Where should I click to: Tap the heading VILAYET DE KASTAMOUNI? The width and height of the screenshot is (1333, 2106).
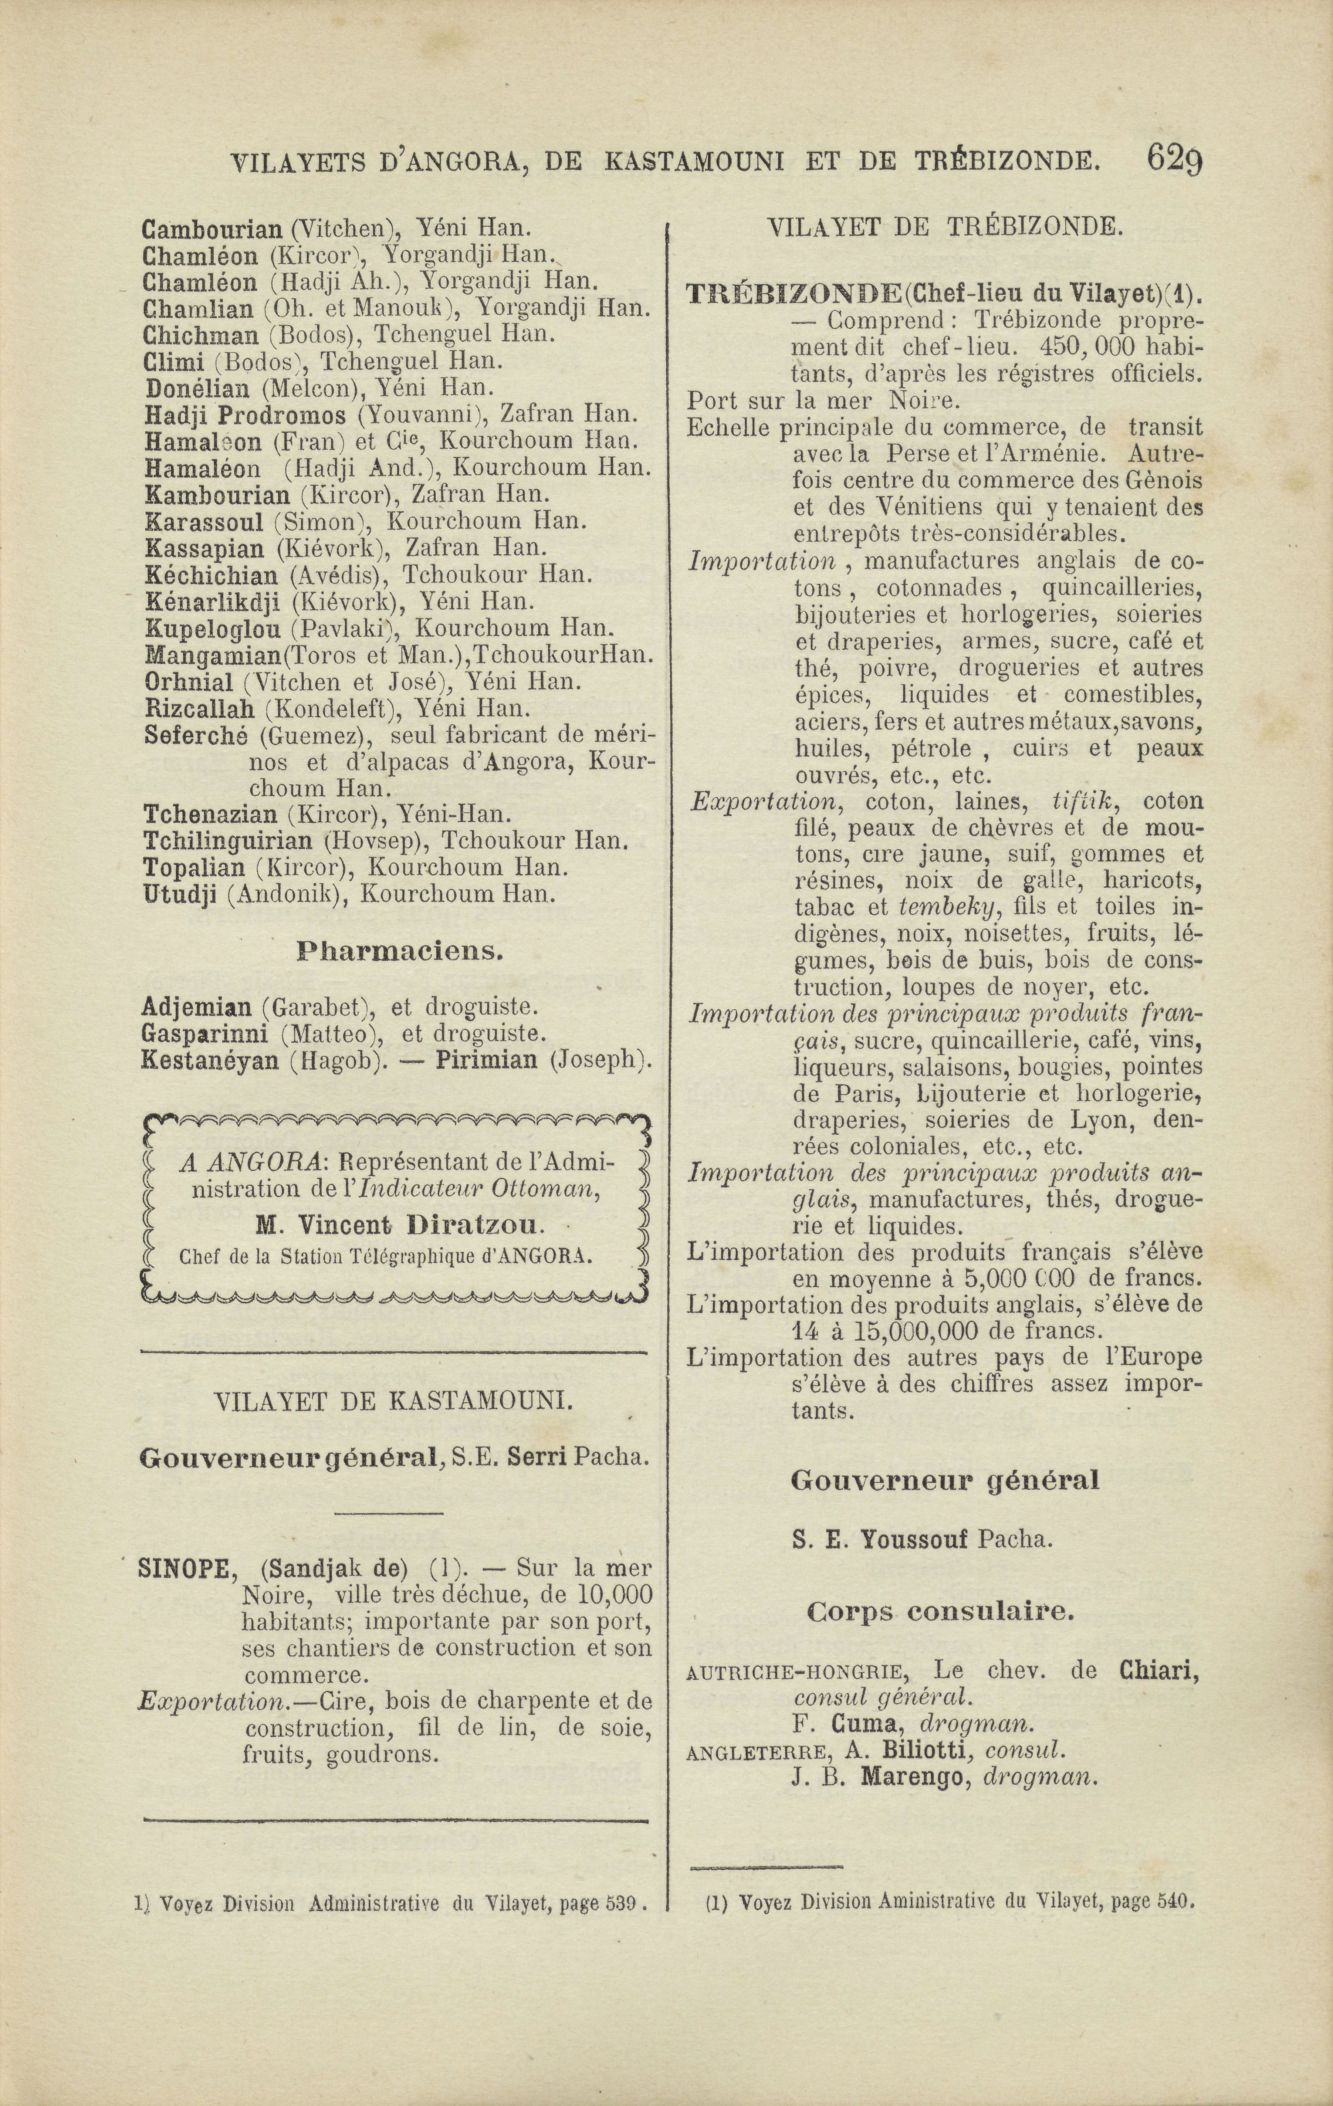(x=395, y=1402)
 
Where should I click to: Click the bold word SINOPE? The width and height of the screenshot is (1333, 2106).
(x=184, y=1568)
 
